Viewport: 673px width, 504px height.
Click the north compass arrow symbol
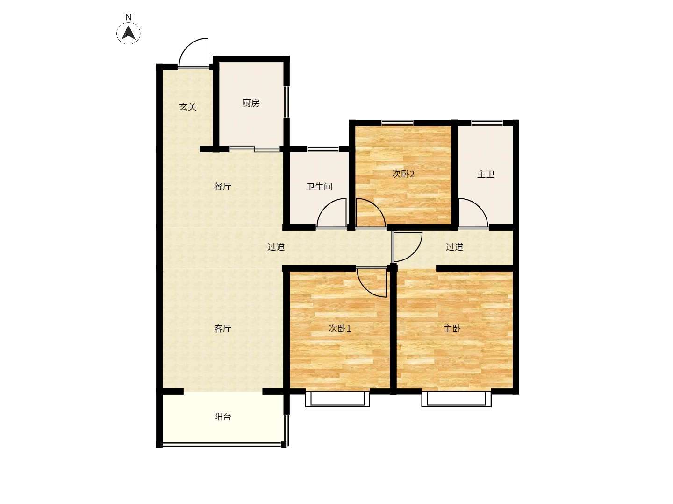click(129, 33)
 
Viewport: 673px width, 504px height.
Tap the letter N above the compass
click(129, 17)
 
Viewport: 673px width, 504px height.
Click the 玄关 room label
click(187, 107)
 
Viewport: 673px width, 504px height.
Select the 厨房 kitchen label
click(251, 103)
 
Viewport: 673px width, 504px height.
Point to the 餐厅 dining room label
click(222, 186)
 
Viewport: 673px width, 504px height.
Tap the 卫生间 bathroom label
click(319, 186)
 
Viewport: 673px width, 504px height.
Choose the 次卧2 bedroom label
click(403, 174)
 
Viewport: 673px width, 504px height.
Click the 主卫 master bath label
click(486, 175)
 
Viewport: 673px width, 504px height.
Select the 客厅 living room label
click(222, 329)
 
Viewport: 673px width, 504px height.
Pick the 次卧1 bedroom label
click(340, 329)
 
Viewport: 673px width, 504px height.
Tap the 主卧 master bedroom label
click(452, 329)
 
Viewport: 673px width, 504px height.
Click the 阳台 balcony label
click(222, 417)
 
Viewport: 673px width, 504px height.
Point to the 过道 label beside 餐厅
click(276, 247)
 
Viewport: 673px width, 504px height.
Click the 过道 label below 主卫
click(454, 247)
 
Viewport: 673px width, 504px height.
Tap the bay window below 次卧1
click(337, 399)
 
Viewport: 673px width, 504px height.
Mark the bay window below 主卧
click(456, 399)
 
